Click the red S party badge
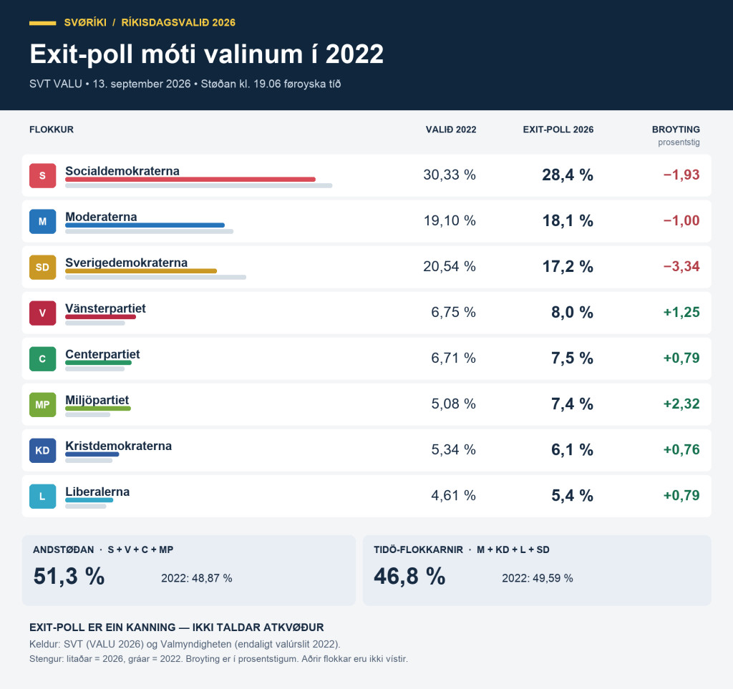click(42, 175)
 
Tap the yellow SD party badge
click(42, 267)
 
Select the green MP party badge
click(42, 404)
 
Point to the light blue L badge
click(42, 496)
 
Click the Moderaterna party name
click(101, 217)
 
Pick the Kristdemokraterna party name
click(118, 446)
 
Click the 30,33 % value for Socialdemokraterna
click(450, 175)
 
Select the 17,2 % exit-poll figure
click(568, 266)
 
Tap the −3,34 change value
click(681, 266)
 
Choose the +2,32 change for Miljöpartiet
click(681, 404)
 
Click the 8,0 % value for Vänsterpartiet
click(572, 312)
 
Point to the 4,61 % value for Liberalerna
click(453, 495)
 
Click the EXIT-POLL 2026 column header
click(558, 130)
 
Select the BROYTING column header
click(676, 130)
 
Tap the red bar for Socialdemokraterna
click(190, 180)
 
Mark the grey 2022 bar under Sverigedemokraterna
click(155, 278)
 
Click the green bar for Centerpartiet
click(99, 363)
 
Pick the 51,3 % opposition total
click(69, 576)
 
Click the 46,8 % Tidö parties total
click(409, 576)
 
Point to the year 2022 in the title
click(354, 54)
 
